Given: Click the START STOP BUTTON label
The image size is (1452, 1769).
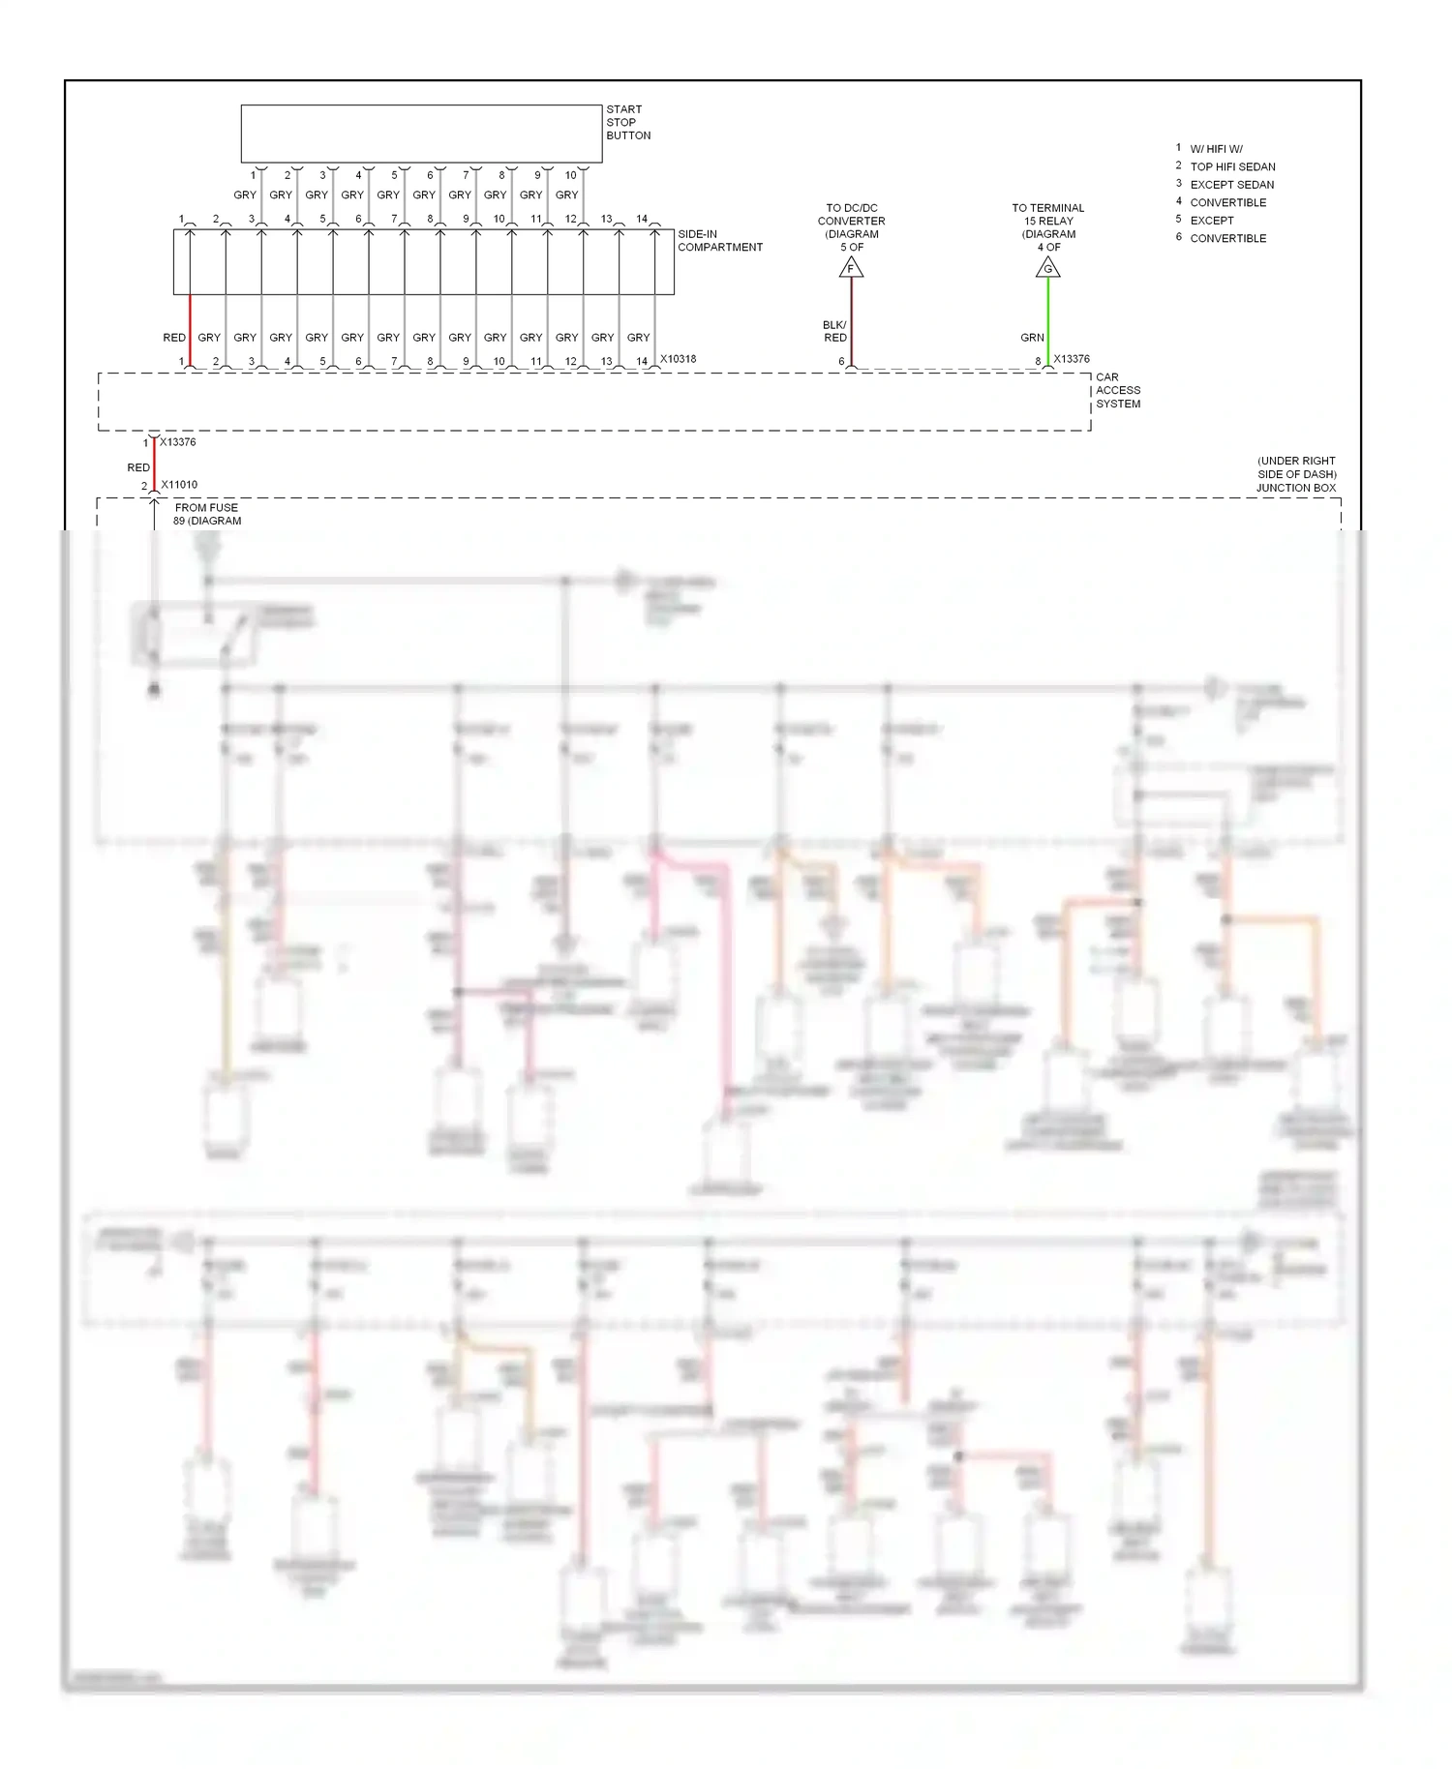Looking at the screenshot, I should pos(627,122).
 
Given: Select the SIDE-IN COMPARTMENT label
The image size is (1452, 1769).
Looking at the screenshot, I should pos(719,241).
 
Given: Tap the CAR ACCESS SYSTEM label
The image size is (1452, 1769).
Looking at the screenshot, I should pos(1117,390).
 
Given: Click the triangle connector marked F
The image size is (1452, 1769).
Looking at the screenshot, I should pos(851,267).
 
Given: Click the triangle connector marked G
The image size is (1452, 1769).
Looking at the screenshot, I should pos(1047,267).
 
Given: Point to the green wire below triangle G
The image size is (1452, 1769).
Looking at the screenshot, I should pos(1047,319).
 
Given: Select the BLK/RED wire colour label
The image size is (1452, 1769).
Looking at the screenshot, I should pos(834,331).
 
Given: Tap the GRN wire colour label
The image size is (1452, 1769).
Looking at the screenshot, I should pos(1032,338).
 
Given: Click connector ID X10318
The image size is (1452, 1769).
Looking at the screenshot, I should pos(678,359).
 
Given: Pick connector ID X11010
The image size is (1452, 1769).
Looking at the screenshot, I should pos(179,485).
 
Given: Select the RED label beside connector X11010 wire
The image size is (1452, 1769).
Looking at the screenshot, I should pos(138,467).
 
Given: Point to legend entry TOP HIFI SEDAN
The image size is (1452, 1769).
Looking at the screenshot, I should pos(1232,166).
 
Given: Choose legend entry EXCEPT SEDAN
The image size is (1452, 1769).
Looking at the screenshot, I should pos(1231,185).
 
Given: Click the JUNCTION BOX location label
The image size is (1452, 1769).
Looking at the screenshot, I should pos(1295,474).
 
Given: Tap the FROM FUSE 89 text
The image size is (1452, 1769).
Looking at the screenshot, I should pos(206,514).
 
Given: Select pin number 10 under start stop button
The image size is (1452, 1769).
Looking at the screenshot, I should pos(570,175).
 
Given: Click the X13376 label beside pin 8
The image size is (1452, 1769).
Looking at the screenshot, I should pos(1072,359).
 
